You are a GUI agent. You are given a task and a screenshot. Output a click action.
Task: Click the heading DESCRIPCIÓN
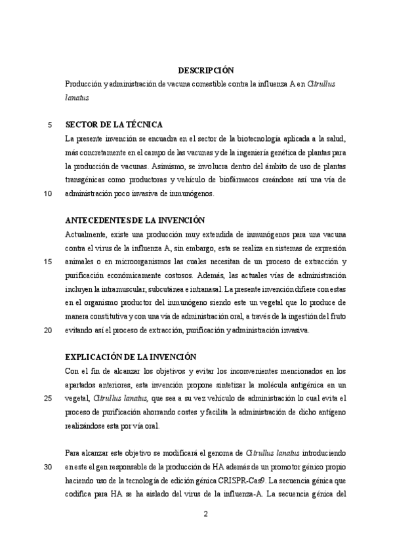pos(206,70)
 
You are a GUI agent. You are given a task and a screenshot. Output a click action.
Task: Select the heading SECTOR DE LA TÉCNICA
pos(114,125)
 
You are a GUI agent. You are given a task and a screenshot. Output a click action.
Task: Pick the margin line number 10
pos(47,194)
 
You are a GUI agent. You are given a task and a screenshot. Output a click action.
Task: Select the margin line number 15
pos(47,262)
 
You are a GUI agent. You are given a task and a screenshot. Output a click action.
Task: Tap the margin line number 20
pos(47,330)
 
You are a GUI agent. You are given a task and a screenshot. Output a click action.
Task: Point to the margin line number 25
pos(47,399)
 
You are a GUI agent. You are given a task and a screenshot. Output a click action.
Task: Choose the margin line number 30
pos(47,467)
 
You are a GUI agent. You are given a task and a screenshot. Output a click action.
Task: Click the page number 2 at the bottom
pos(205,513)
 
